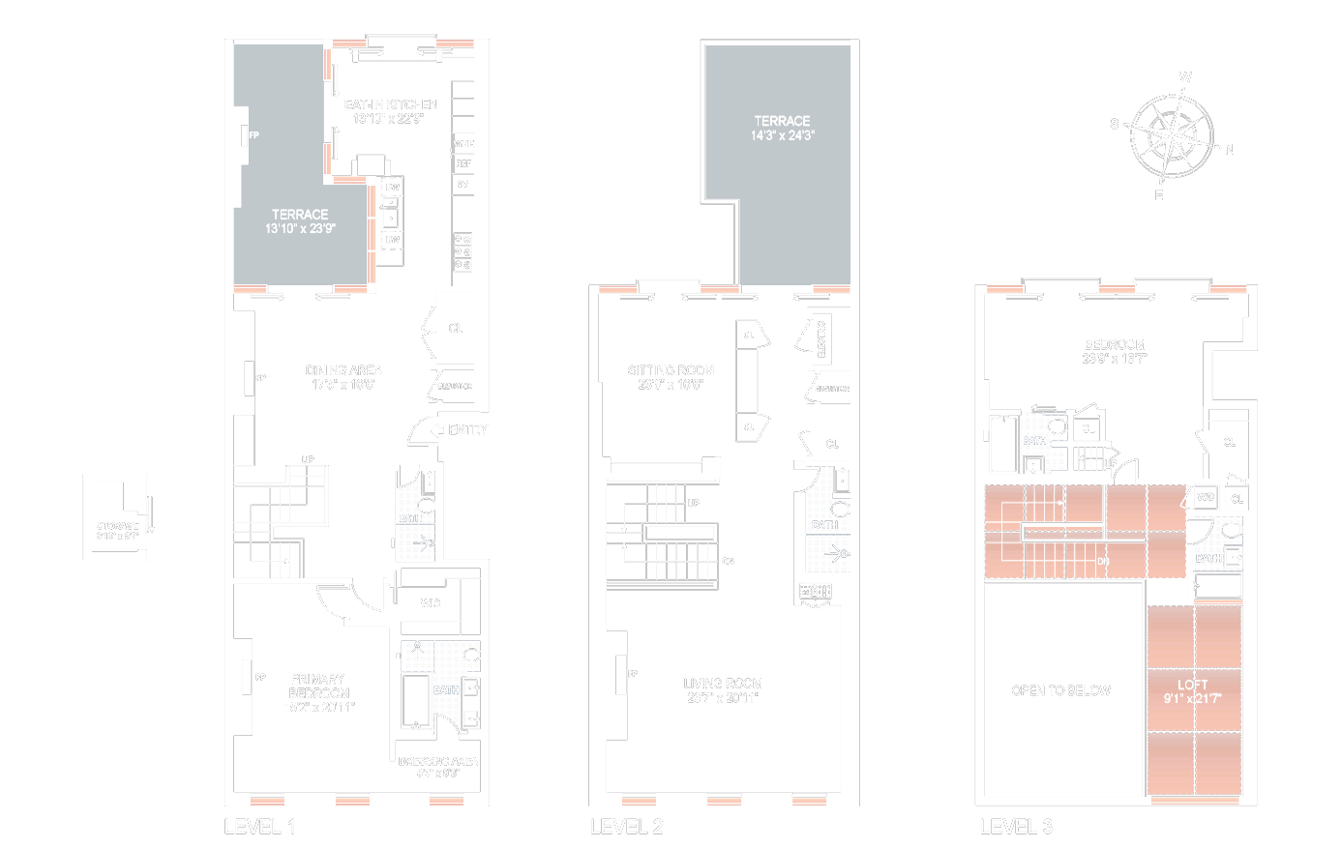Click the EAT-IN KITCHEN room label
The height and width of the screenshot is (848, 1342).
(391, 104)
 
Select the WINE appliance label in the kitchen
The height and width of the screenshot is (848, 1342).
(463, 144)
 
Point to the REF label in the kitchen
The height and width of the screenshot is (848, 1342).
(463, 164)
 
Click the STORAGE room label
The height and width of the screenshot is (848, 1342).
(117, 526)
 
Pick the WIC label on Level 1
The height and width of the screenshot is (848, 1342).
(431, 603)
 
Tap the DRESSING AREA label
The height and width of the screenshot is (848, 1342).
(437, 761)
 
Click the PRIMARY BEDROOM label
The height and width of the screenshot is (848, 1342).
(317, 686)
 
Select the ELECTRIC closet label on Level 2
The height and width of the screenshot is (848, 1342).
(821, 339)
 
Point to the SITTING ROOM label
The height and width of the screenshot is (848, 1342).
(671, 370)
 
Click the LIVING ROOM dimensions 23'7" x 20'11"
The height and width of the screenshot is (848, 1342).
(723, 697)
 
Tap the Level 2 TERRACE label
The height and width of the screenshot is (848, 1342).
(782, 121)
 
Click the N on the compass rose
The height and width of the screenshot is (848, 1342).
(1230, 150)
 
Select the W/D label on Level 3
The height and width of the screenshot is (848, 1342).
(1206, 498)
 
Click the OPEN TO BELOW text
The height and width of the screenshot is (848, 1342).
(1060, 690)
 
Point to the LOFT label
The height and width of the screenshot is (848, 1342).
(1192, 685)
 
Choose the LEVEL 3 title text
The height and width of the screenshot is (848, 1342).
(1016, 827)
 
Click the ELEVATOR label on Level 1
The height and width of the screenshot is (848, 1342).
(455, 387)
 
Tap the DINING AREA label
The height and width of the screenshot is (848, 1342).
(343, 370)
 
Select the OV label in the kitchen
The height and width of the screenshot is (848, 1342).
(463, 184)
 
